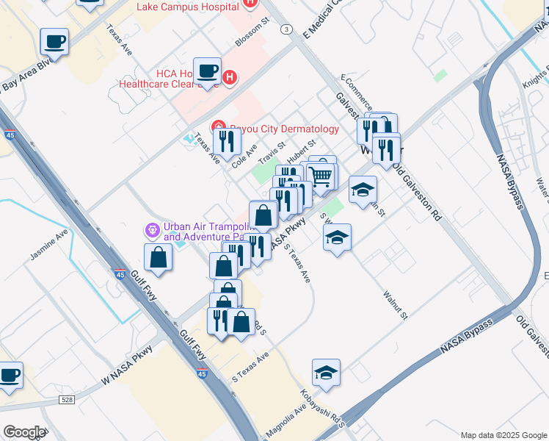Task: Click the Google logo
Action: click(x=23, y=432)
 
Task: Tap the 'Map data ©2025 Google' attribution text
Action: click(x=503, y=435)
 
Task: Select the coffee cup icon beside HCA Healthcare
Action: click(x=208, y=71)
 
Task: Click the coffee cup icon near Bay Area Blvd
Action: click(x=54, y=41)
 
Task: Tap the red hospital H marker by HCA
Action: click(x=230, y=76)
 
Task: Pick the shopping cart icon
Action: click(x=321, y=176)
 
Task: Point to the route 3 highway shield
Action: click(x=286, y=29)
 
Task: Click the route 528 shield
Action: click(x=68, y=399)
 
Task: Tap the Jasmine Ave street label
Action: click(x=49, y=248)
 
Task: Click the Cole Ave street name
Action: click(x=244, y=154)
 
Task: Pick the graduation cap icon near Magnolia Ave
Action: click(x=326, y=373)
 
